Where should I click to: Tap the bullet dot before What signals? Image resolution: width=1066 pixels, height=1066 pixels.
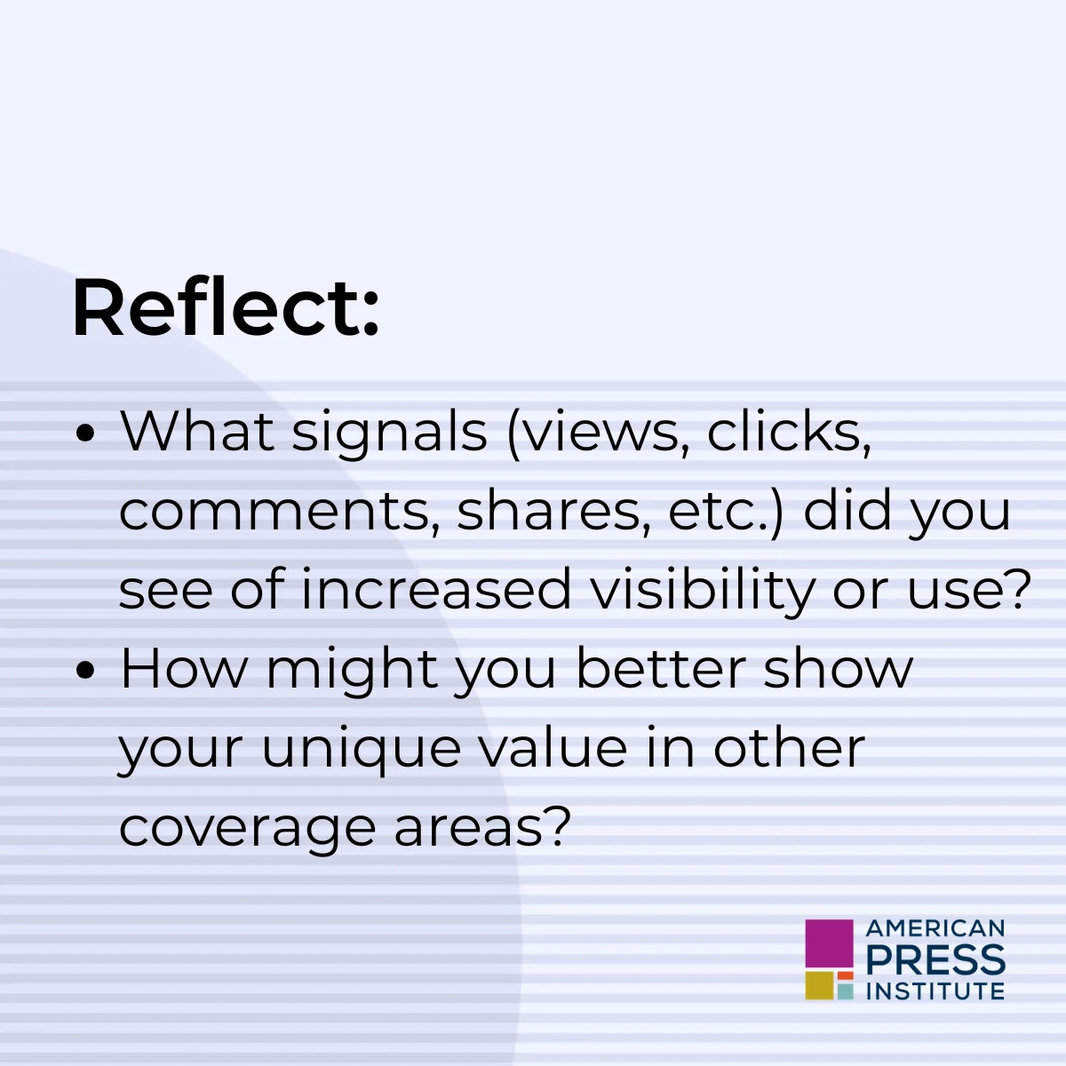85,434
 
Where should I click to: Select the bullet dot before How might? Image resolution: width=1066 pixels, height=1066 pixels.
85,671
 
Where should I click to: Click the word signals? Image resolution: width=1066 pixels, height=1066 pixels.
389,434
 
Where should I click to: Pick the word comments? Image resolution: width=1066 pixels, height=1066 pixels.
274,513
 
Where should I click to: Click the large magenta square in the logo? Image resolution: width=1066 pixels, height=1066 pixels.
829,943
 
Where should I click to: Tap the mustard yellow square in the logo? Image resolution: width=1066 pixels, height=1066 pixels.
819,986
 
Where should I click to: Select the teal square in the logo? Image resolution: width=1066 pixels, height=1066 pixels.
846,990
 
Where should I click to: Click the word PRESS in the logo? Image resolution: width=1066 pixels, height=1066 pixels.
935,959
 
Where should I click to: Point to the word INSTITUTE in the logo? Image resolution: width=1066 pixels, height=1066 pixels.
935,990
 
